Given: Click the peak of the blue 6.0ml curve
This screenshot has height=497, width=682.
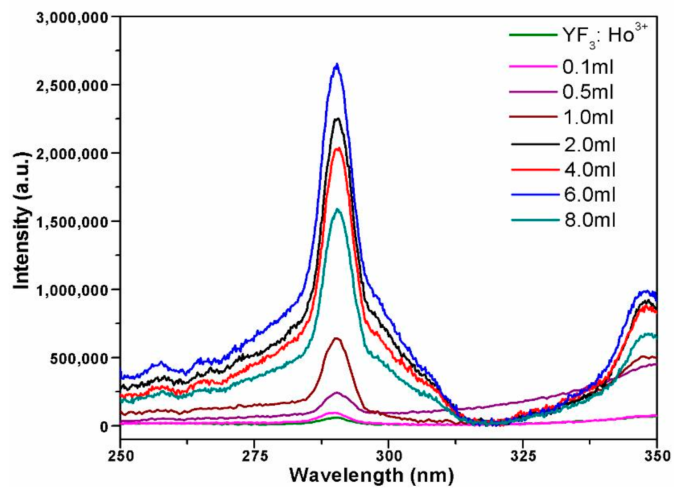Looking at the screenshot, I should [x=337, y=65].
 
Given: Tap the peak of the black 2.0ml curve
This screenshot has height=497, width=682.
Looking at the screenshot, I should [x=338, y=119].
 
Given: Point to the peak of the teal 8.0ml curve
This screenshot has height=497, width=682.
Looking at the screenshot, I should [x=338, y=209].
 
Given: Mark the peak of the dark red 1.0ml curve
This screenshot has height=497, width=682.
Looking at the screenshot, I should [x=337, y=338].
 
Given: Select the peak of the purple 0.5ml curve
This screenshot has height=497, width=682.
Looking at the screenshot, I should [x=337, y=393].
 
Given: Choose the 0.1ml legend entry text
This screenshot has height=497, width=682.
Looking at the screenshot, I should [x=588, y=67].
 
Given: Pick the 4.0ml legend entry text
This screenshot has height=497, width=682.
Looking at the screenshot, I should [x=590, y=170].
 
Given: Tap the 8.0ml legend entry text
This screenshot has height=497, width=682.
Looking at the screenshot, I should [x=590, y=220].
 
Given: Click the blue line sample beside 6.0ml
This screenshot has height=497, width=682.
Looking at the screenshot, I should [x=535, y=195].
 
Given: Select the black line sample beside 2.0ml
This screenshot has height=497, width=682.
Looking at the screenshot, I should [x=535, y=144].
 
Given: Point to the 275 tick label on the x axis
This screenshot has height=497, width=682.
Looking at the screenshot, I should [x=255, y=456].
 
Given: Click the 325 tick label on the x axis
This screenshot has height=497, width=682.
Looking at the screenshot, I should [x=523, y=456].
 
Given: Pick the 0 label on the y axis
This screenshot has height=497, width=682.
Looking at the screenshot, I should [x=104, y=427].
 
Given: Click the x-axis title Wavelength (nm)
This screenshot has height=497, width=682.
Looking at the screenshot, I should [x=372, y=475].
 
